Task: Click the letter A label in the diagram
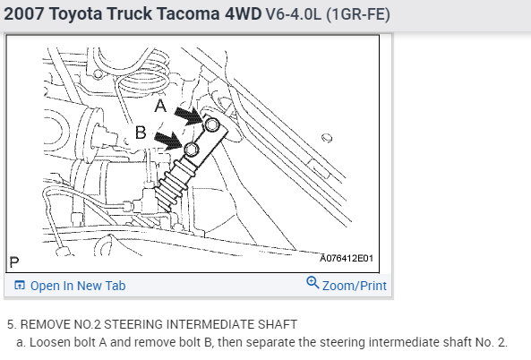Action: click(160, 106)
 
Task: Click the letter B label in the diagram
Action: click(141, 132)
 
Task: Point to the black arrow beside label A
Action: click(188, 116)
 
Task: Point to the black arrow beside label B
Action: click(168, 140)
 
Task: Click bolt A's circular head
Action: click(212, 124)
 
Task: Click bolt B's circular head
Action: click(192, 150)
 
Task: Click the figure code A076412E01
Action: click(347, 259)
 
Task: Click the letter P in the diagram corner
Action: click(14, 261)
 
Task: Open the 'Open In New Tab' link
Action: click(78, 286)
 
